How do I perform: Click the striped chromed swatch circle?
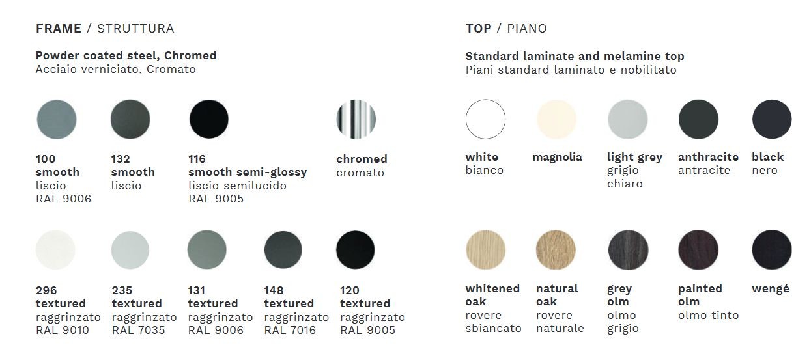(356, 119)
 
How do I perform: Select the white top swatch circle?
(485, 119)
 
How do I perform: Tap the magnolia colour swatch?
(556, 119)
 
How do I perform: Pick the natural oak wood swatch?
(556, 250)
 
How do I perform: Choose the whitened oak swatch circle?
(485, 250)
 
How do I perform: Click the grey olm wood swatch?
(628, 250)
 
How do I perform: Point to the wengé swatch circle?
(772, 250)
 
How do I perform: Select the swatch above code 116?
(208, 119)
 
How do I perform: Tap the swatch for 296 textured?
(55, 250)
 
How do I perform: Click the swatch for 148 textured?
(283, 250)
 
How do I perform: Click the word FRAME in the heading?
(59, 29)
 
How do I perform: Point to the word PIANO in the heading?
(527, 29)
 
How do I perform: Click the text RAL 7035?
(138, 330)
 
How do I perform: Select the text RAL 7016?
(290, 330)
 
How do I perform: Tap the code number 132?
(121, 159)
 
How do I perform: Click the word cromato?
(360, 173)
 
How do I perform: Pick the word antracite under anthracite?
(704, 170)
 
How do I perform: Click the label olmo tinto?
(708, 315)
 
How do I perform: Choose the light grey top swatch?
(628, 119)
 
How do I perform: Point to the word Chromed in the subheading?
(190, 55)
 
